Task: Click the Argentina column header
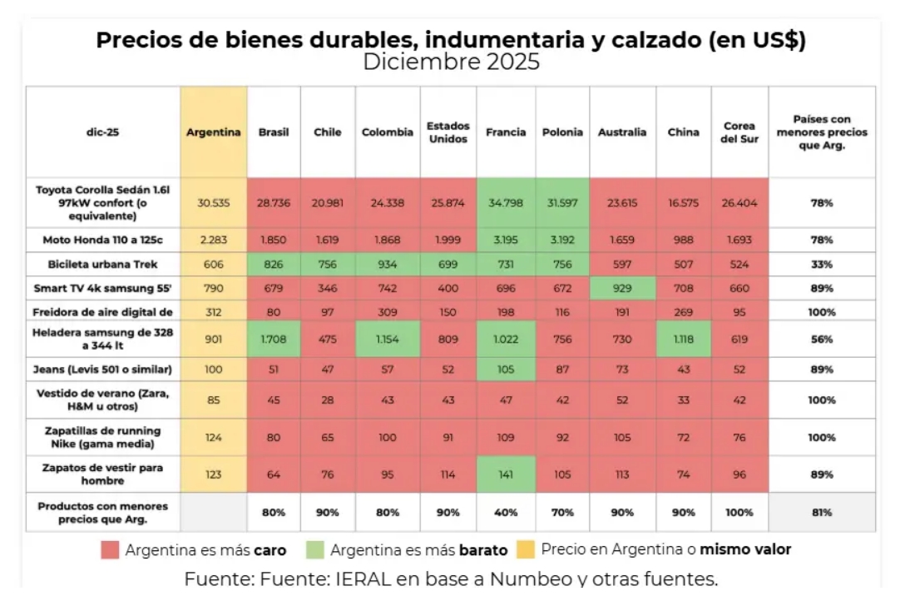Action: click(214, 132)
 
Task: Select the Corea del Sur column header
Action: click(739, 132)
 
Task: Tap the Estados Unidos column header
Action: click(448, 132)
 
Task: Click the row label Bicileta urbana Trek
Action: click(102, 264)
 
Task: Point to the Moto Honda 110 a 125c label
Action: click(102, 240)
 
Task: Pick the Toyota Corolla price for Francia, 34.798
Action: click(506, 202)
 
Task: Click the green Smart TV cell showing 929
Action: click(622, 288)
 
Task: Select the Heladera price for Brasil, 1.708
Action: click(274, 340)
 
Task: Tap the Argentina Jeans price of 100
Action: click(214, 369)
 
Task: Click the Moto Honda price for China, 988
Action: click(683, 240)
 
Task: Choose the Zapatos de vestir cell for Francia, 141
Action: click(506, 474)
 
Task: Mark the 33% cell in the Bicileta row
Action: click(822, 264)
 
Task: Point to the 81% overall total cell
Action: click(822, 513)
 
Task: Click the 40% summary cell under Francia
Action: click(506, 513)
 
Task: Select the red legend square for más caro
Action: click(110, 550)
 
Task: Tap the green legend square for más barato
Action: click(314, 550)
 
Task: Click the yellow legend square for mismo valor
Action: click(525, 550)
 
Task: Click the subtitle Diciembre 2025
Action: click(451, 62)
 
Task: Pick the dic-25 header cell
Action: click(102, 132)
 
